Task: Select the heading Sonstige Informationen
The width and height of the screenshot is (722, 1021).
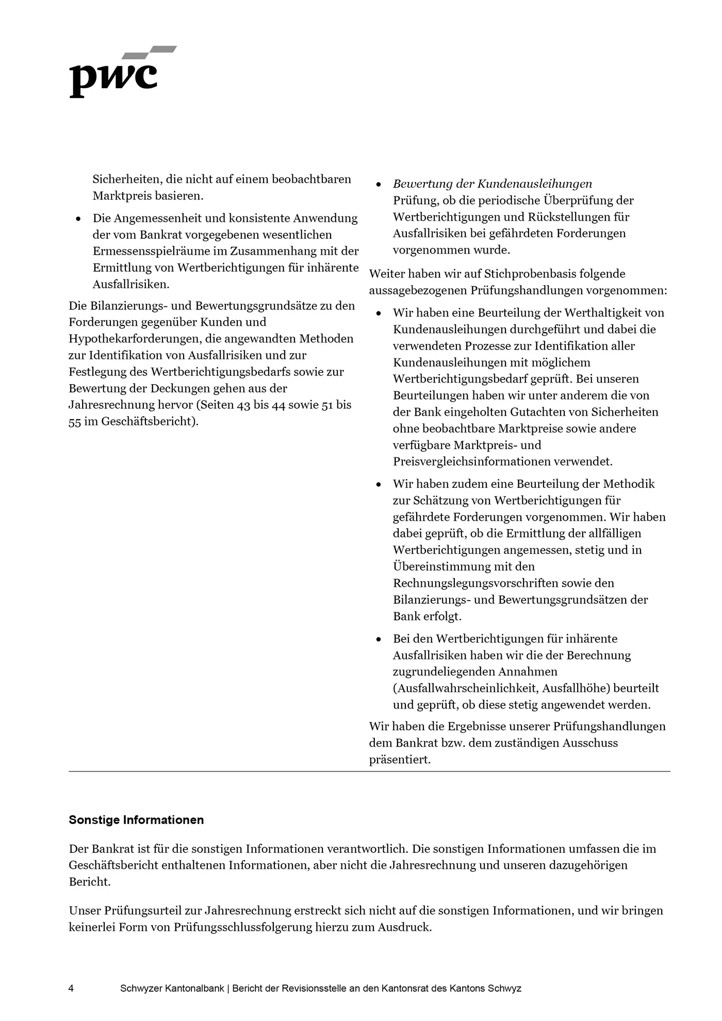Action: (136, 820)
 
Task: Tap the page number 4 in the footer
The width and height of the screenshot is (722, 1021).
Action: (71, 989)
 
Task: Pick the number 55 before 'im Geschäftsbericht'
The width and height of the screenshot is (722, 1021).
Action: (75, 421)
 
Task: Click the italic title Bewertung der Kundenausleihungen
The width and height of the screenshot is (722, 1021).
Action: (492, 184)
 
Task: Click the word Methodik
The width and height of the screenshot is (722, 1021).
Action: (629, 484)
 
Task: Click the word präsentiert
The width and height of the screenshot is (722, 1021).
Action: (400, 760)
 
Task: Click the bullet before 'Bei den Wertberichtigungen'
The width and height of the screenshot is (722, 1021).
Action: (379, 639)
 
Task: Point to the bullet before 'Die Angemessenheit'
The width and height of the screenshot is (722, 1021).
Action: (78, 219)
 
